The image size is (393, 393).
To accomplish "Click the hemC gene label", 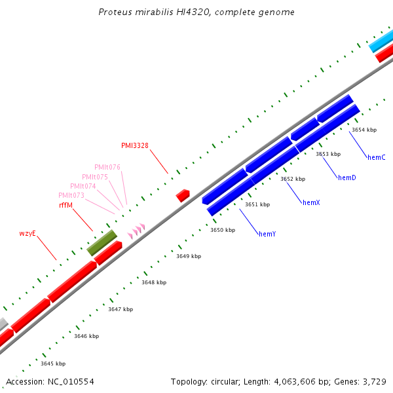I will pyautogui.click(x=376, y=157).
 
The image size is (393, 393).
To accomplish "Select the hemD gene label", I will pyautogui.click(x=346, y=178).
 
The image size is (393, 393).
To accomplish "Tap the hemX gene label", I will pyautogui.click(x=311, y=203).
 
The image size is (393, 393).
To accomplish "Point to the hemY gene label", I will pyautogui.click(x=267, y=234).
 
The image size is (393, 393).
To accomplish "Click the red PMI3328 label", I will pyautogui.click(x=134, y=145).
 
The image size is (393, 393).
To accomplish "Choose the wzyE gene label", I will pyautogui.click(x=27, y=233).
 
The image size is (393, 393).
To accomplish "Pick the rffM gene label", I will pyautogui.click(x=65, y=205).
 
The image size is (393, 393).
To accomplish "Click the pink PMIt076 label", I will pyautogui.click(x=107, y=167).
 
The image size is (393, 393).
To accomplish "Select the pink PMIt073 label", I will pyautogui.click(x=71, y=195).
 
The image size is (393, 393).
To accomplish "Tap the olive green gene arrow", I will pyautogui.click(x=102, y=242).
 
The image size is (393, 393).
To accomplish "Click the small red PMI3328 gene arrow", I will pyautogui.click(x=183, y=195).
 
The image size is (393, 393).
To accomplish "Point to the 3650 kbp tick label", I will pyautogui.click(x=222, y=230).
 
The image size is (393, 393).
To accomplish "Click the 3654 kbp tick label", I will pyautogui.click(x=364, y=130).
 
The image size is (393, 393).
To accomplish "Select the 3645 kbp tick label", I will pyautogui.click(x=53, y=364).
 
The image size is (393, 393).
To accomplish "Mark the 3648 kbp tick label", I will pyautogui.click(x=154, y=282).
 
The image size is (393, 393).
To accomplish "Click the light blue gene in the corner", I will pyautogui.click(x=381, y=41).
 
